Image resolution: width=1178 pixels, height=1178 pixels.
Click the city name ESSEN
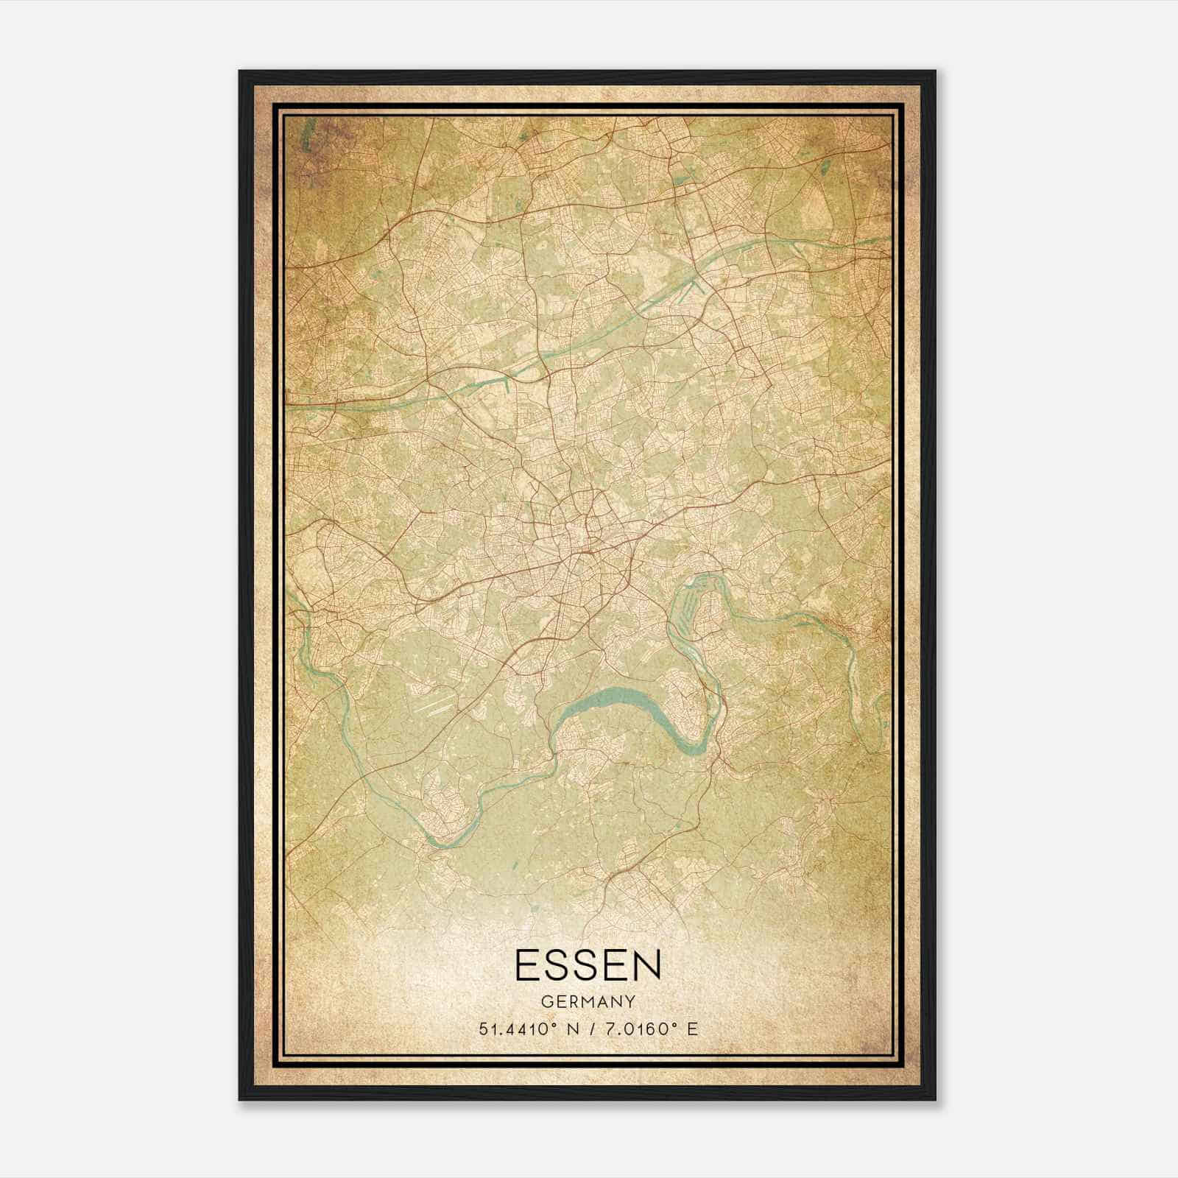(x=588, y=965)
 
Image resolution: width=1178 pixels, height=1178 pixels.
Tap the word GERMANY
(x=588, y=1002)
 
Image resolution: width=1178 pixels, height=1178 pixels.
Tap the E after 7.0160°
(x=691, y=1029)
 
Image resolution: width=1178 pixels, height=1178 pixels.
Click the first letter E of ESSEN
(x=529, y=965)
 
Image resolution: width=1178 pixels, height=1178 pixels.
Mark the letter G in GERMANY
(x=546, y=1002)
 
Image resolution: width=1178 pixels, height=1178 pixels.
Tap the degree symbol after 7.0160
(x=669, y=1025)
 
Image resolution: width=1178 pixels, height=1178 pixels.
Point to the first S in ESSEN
(x=557, y=965)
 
